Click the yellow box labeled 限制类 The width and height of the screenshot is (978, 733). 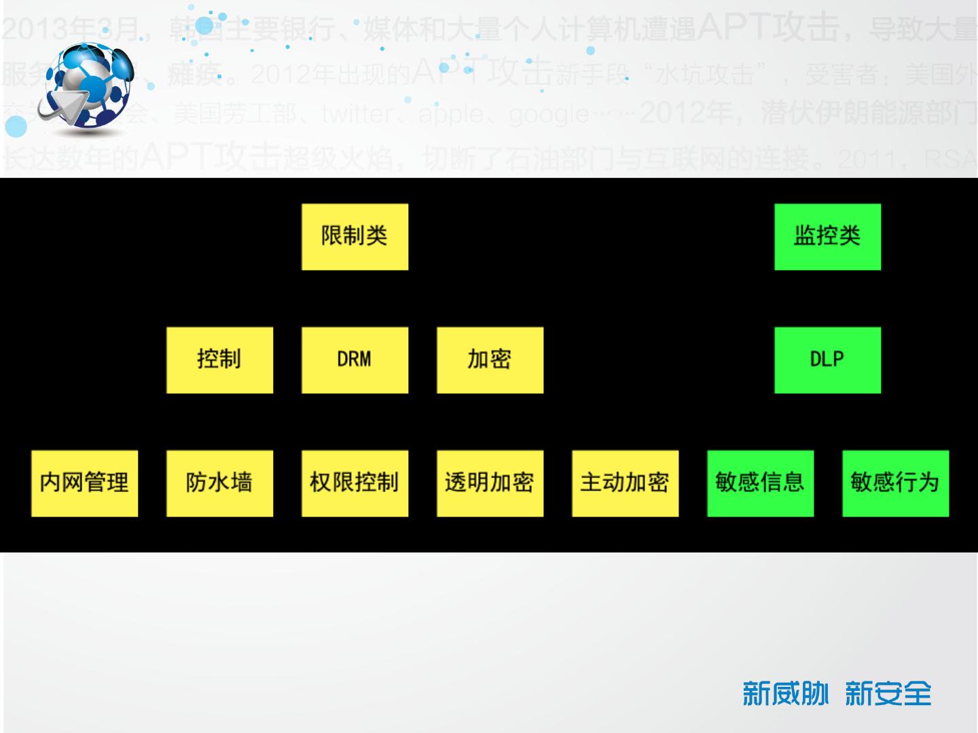click(355, 237)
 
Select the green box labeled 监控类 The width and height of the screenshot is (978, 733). click(827, 237)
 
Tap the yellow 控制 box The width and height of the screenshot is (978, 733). click(219, 360)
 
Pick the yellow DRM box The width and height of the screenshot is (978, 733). click(355, 360)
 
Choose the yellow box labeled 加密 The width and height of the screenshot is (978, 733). click(490, 360)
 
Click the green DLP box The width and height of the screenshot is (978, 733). click(827, 360)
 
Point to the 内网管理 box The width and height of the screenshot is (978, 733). click(84, 483)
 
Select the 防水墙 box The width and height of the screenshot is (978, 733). click(219, 483)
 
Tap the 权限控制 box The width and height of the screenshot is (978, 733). click(355, 483)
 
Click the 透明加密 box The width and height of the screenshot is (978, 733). click(490, 483)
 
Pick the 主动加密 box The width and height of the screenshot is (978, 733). click(625, 483)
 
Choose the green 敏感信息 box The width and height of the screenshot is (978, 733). click(760, 483)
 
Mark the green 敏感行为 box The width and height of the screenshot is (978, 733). click(895, 483)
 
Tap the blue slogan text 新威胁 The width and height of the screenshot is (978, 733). click(785, 694)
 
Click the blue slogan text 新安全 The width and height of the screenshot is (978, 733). click(888, 694)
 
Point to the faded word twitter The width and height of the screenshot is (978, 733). click(357, 115)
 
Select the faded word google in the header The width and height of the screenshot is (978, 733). click(549, 115)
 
